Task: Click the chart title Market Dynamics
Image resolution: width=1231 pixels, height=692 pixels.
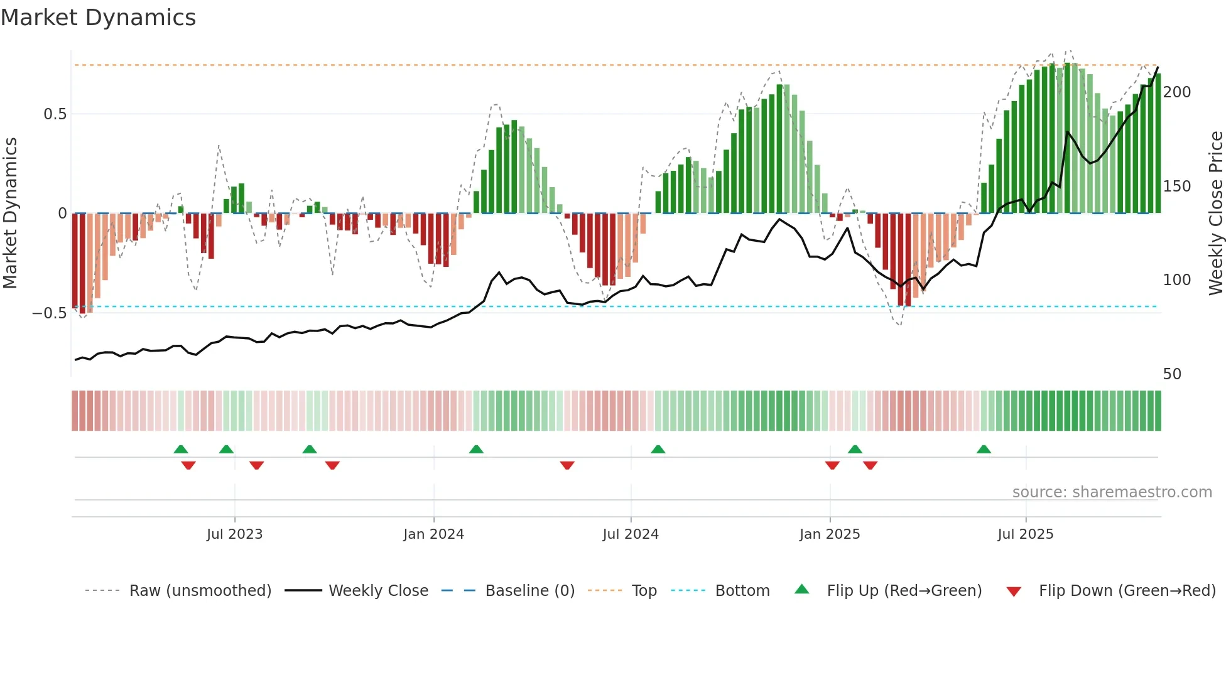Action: coord(99,18)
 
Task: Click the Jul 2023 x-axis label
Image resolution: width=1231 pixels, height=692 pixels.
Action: coord(234,534)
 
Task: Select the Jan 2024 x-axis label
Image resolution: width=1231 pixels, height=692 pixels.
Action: coord(433,534)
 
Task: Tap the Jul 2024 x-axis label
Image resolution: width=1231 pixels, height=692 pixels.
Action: coord(631,534)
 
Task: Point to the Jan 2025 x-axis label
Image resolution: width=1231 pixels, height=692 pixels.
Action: coord(830,534)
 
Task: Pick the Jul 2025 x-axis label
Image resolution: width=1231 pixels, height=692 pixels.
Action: coord(1026,534)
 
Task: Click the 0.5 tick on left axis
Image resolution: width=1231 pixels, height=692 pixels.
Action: coord(55,114)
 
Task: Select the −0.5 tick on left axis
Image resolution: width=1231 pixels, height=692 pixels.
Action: coord(50,313)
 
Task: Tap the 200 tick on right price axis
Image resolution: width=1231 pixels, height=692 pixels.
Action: coord(1177,92)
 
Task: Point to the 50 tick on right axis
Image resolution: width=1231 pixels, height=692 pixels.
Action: coord(1172,374)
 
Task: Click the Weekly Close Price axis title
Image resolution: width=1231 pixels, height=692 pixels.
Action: coord(1217,214)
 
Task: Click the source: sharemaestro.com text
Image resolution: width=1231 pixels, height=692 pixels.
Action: coord(1112,492)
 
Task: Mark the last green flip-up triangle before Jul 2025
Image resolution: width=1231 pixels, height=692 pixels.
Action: coord(984,449)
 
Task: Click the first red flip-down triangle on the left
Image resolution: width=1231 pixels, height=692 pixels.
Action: coord(188,465)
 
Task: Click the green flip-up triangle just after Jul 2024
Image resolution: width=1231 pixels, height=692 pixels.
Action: coord(658,449)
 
